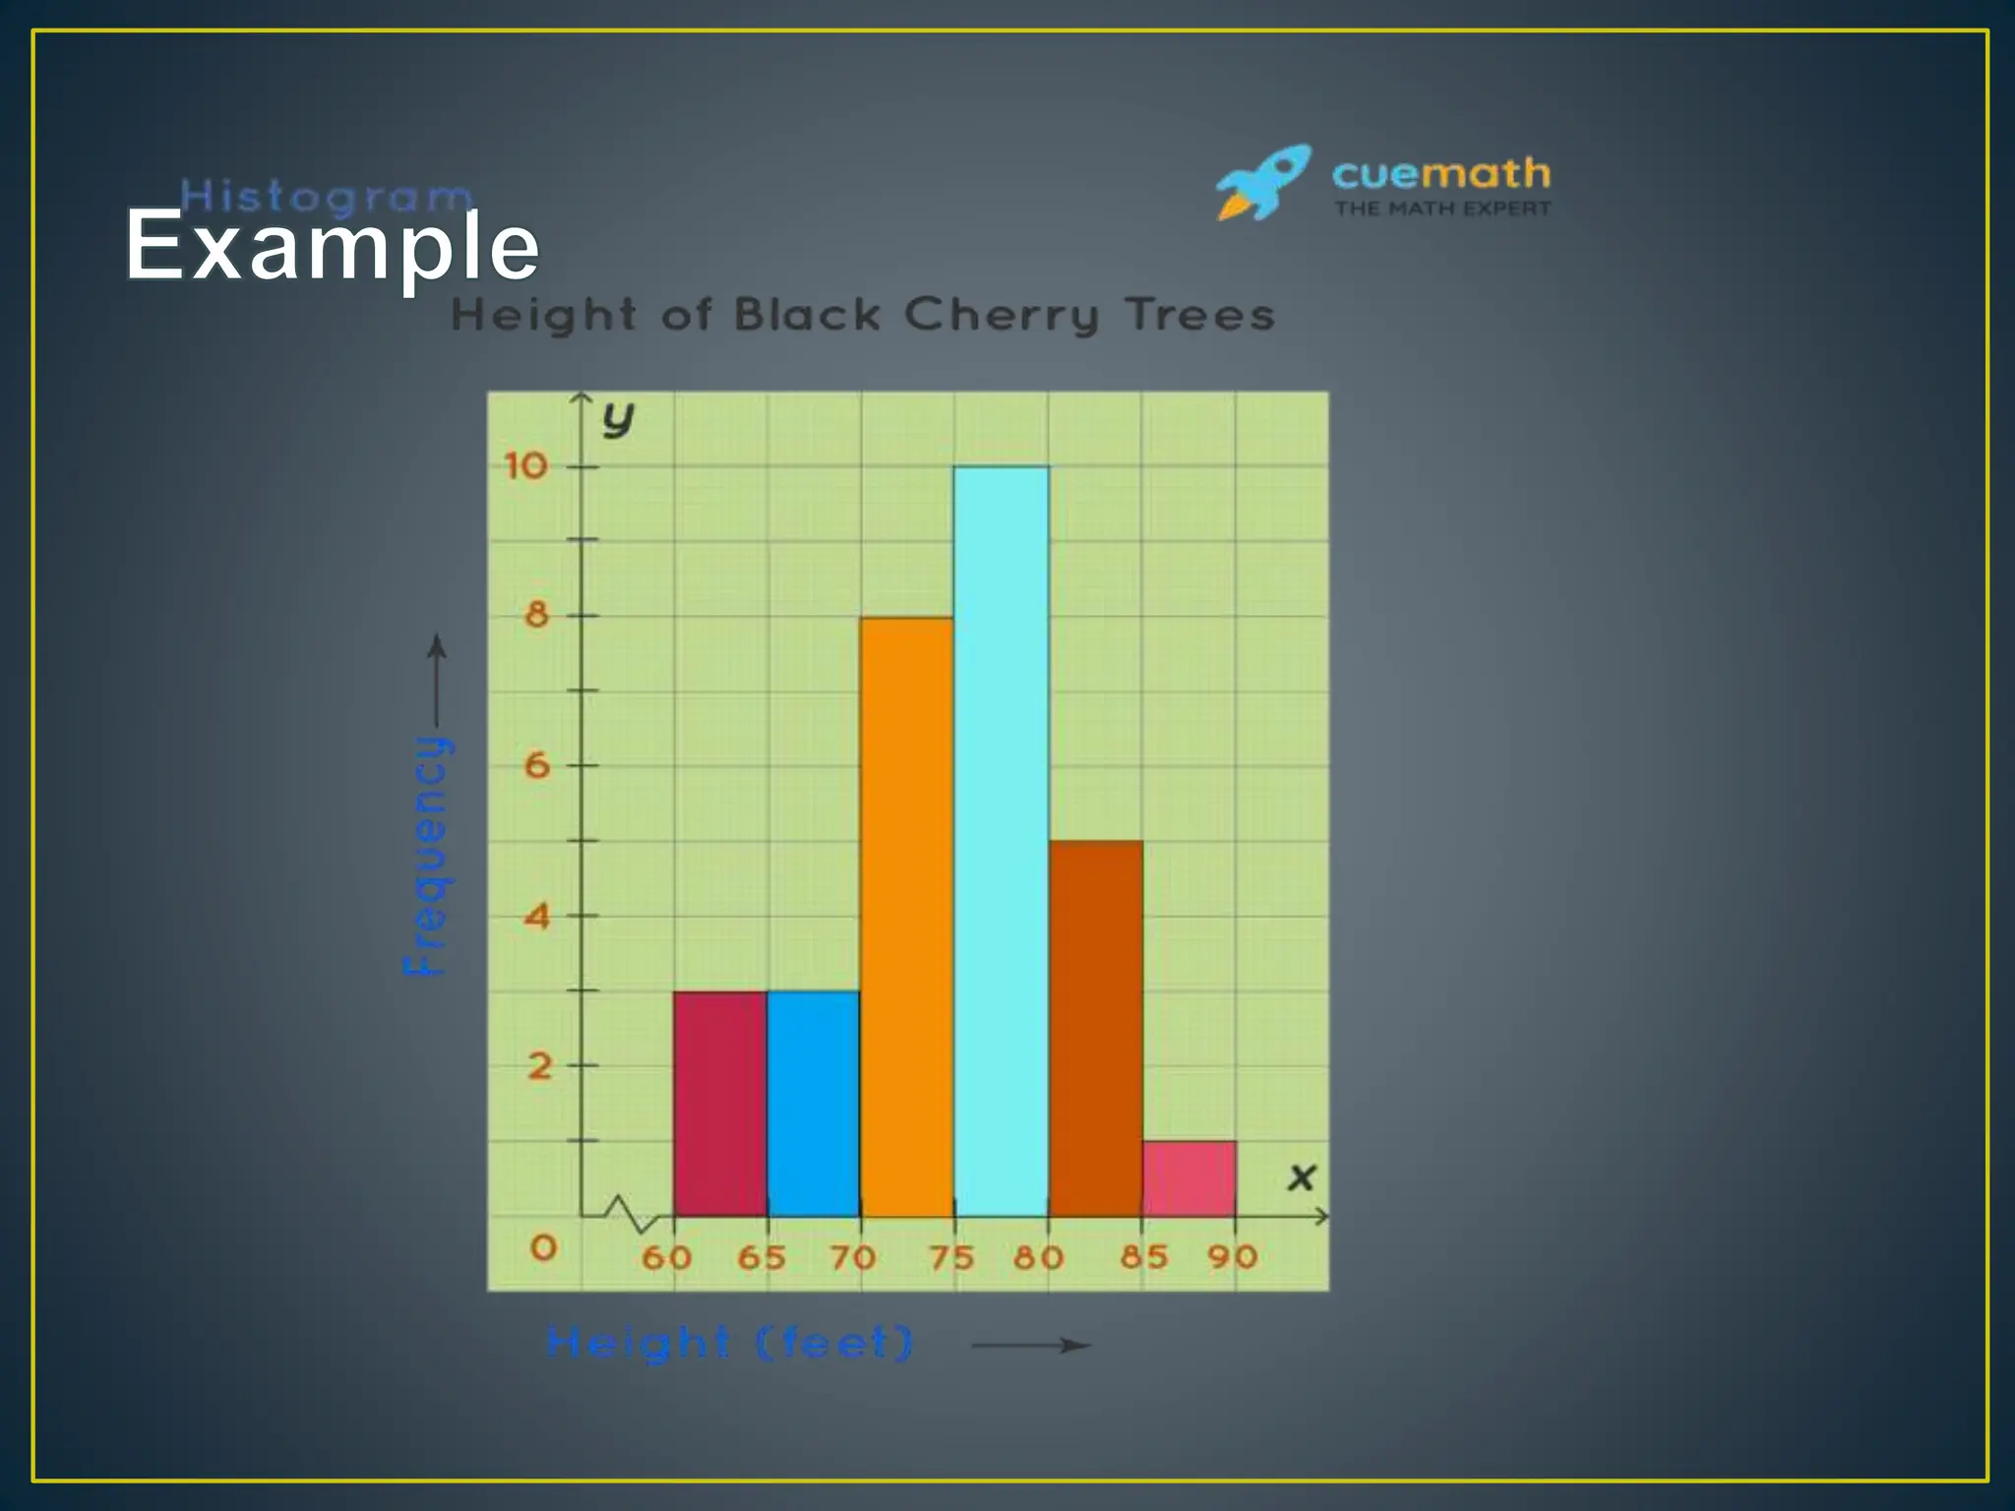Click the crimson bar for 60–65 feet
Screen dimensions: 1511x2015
(720, 1104)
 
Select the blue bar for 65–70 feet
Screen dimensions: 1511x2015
(814, 1104)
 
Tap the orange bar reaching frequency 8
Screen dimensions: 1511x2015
(907, 917)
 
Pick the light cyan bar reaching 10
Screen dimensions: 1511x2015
(1001, 841)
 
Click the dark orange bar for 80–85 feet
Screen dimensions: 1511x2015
(1095, 1028)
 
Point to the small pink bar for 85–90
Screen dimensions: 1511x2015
(1189, 1179)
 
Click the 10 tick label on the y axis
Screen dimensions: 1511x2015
(525, 465)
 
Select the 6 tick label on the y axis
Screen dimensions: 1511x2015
(536, 765)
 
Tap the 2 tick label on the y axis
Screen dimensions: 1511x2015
(539, 1065)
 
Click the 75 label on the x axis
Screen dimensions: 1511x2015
(951, 1257)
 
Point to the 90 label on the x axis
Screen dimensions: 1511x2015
(1233, 1256)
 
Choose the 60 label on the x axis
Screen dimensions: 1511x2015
(666, 1257)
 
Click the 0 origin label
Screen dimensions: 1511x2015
(543, 1248)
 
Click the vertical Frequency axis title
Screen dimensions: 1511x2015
(427, 854)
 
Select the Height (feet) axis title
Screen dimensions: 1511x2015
(729, 1343)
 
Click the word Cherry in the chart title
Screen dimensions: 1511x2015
(1001, 316)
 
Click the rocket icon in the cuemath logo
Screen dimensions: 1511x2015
(1263, 182)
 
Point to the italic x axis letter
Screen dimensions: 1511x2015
(1301, 1178)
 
